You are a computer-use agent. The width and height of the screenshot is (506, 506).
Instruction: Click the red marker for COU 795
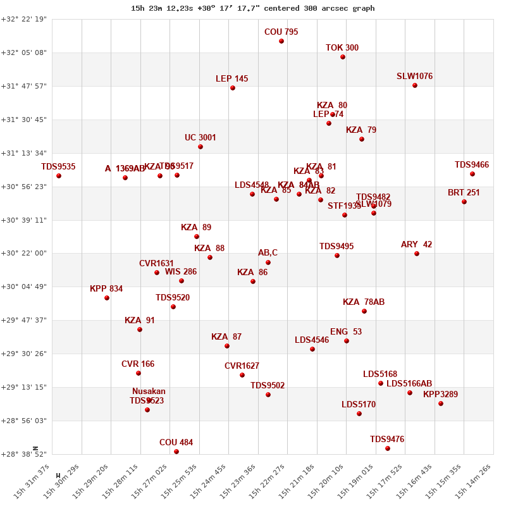[281, 41]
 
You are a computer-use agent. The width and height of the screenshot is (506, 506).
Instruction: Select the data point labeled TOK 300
[343, 57]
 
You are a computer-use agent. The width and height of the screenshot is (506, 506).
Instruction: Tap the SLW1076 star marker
[415, 85]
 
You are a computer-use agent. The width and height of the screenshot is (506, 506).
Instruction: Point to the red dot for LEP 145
[233, 88]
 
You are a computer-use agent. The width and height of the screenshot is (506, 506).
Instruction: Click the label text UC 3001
[201, 137]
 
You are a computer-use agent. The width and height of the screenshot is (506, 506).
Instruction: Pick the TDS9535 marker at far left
[59, 176]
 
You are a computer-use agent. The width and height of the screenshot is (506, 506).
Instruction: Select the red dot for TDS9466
[472, 174]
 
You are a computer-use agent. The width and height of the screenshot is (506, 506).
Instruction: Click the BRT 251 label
[464, 192]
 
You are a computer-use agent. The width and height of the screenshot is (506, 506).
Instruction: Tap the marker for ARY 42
[417, 254]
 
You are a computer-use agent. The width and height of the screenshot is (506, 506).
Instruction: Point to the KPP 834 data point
[107, 298]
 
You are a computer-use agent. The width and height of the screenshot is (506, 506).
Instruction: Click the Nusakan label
[149, 391]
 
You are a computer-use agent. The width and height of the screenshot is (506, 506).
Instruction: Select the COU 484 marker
[176, 452]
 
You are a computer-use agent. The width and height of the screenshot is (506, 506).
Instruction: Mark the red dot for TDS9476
[388, 448]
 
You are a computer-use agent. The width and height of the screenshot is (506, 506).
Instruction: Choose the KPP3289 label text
[440, 394]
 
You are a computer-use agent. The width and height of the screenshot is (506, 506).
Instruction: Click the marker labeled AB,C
[268, 262]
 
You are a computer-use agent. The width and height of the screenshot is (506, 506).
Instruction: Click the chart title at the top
[253, 8]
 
